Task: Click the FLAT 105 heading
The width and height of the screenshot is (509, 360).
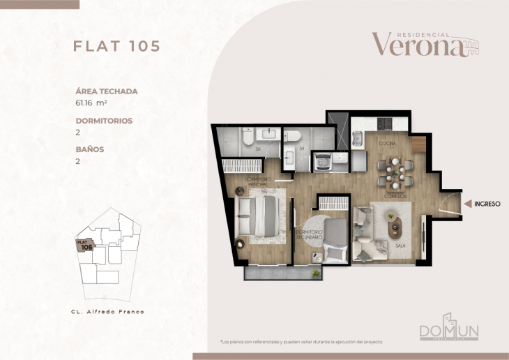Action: [117, 46]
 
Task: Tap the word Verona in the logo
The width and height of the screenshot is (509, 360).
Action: [417, 45]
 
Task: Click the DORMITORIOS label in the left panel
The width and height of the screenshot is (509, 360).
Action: [104, 120]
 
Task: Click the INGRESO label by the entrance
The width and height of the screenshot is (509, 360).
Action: [487, 204]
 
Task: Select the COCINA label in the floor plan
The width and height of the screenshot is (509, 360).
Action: [387, 142]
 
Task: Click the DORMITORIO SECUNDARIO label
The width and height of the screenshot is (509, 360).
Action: [308, 234]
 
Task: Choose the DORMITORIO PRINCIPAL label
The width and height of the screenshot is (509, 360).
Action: [252, 182]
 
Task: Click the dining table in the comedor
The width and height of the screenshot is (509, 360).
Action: [394, 172]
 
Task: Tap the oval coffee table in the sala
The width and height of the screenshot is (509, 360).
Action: [395, 226]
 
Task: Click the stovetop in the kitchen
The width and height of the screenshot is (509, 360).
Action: [385, 124]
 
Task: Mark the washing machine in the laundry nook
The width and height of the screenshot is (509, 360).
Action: [323, 163]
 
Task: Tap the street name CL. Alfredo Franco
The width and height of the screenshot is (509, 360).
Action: [107, 311]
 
